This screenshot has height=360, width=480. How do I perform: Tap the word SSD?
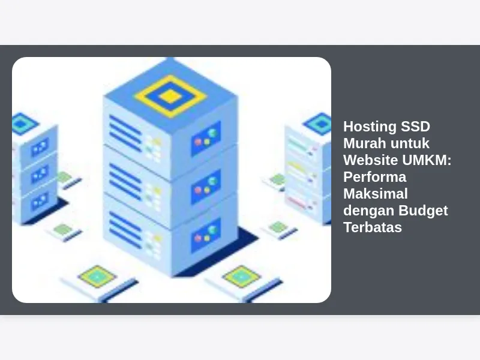pyautogui.click(x=413, y=127)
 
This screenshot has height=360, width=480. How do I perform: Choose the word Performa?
pyautogui.click(x=374, y=178)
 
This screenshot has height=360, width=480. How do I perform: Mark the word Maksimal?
pyautogui.click(x=375, y=194)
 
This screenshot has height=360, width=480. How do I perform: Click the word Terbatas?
pyautogui.click(x=372, y=228)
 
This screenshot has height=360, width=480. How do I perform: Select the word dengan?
pyautogui.click(x=366, y=211)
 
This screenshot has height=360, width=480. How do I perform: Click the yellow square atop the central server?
pyautogui.click(x=170, y=95)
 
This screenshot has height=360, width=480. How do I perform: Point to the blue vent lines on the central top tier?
pyautogui.click(x=125, y=133)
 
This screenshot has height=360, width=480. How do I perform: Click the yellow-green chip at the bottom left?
pyautogui.click(x=97, y=275)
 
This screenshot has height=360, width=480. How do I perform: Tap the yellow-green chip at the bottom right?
pyautogui.click(x=241, y=275)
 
